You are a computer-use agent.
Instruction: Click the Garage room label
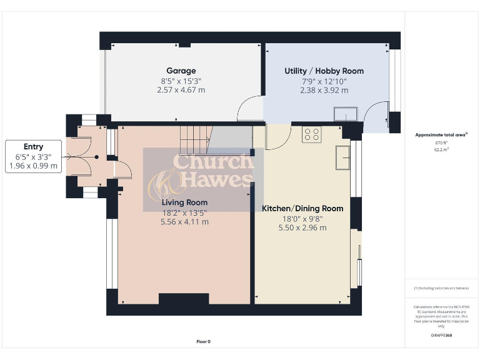(x=181, y=71)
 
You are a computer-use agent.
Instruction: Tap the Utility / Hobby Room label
(x=324, y=71)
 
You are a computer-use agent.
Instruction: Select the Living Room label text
(x=184, y=202)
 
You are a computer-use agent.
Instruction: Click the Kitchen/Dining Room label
(x=302, y=208)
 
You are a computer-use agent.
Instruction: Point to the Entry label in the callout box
(x=33, y=147)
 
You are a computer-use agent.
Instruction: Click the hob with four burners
(x=311, y=134)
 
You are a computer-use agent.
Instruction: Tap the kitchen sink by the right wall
(x=342, y=157)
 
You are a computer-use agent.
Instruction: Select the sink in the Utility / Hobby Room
(x=345, y=113)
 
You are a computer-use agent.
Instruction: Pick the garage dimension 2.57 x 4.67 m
(x=181, y=90)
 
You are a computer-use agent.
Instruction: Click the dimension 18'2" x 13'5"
(x=184, y=212)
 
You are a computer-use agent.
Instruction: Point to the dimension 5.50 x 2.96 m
(x=302, y=227)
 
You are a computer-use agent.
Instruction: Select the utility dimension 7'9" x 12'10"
(x=324, y=81)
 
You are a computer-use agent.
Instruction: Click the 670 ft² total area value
(x=442, y=143)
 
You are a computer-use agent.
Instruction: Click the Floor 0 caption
(x=204, y=342)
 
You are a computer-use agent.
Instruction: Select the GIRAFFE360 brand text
(x=441, y=336)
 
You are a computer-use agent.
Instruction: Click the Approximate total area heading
(x=441, y=134)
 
